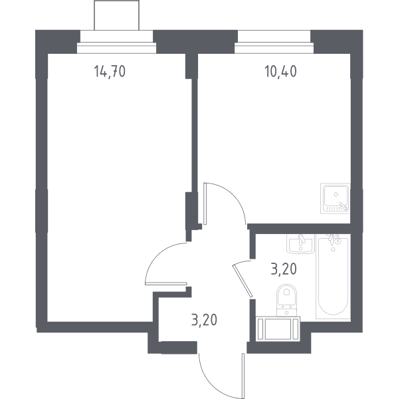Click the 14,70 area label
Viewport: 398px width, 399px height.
[x=110, y=71]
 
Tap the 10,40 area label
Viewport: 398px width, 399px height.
[x=280, y=71]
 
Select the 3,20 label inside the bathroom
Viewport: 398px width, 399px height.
[x=284, y=269]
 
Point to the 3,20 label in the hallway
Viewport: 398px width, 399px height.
[x=204, y=320]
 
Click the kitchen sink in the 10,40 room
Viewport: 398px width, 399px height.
[x=335, y=198]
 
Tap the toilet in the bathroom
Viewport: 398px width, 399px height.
[x=287, y=300]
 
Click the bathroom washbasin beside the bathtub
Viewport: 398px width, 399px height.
[x=300, y=244]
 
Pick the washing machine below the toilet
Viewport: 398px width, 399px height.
[x=278, y=329]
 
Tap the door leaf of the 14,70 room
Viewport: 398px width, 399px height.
[x=166, y=283]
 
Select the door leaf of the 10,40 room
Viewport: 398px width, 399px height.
[x=205, y=203]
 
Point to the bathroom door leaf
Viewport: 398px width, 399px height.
[x=243, y=281]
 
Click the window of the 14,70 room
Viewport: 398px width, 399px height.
[x=116, y=48]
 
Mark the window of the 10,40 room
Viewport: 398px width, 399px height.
[x=274, y=48]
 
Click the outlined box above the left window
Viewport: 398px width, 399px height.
[x=117, y=15]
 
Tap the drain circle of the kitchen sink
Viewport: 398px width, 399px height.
[x=336, y=194]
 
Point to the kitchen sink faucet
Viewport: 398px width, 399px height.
[x=344, y=206]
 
